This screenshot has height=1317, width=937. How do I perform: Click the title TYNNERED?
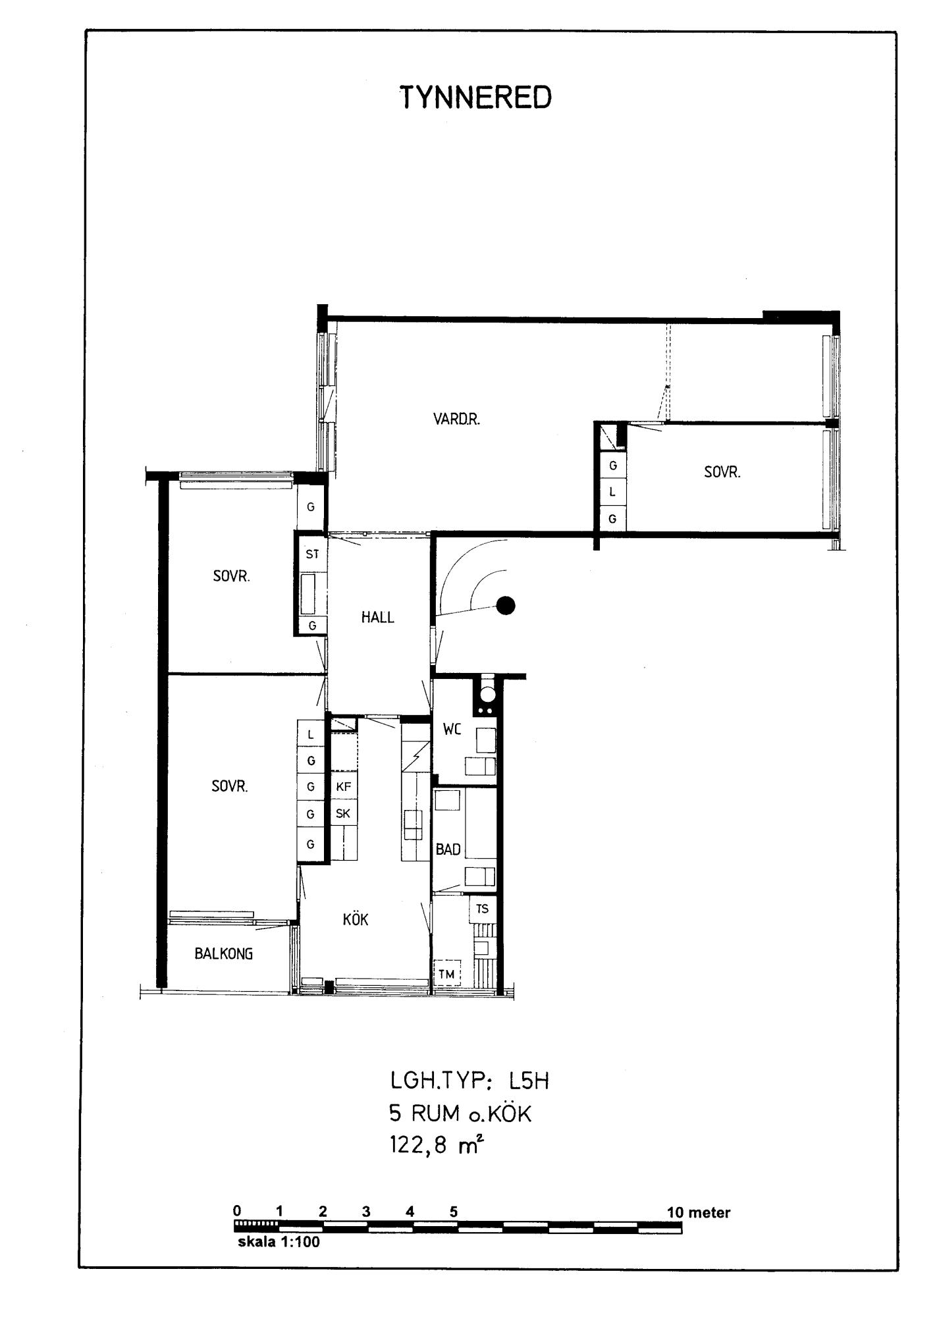point(475,98)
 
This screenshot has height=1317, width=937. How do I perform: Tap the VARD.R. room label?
point(456,419)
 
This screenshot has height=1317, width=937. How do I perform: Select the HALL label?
point(377,617)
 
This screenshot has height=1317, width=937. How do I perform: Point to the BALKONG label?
point(224,954)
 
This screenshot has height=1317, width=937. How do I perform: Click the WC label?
point(452,729)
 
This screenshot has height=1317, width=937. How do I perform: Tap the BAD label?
point(448,849)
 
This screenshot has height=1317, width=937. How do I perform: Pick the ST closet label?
point(312,554)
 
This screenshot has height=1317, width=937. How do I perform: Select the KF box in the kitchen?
point(343,786)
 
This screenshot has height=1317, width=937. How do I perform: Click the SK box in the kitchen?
point(343,814)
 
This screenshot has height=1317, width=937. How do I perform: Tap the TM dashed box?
point(446,974)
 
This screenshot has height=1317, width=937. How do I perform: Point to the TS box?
point(482,909)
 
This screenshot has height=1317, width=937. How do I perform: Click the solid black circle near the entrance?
point(505,605)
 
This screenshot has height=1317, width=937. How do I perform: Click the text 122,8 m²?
point(437,1145)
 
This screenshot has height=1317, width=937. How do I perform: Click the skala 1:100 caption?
point(279,1243)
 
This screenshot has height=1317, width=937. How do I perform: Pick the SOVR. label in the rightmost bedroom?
point(722,472)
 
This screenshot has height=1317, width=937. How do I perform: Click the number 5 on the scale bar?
point(454,1212)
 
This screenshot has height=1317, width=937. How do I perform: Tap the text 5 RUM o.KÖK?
point(460,1114)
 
